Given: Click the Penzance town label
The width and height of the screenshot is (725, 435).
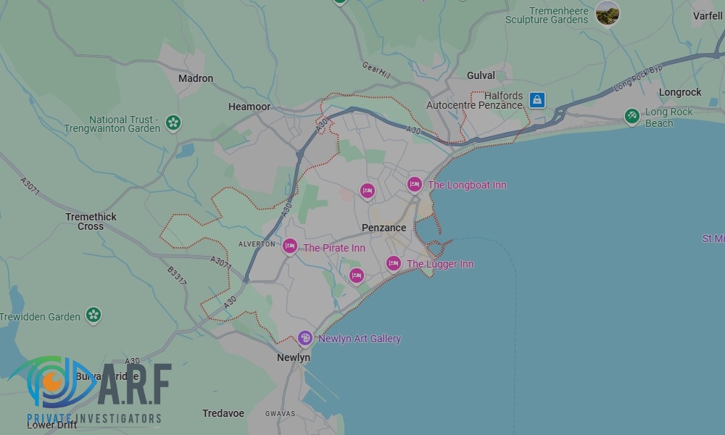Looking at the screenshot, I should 384,228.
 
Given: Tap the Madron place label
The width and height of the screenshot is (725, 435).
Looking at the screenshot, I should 196,78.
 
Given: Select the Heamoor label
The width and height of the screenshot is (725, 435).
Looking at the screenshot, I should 249,107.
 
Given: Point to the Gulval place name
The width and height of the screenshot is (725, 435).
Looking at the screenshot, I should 481,75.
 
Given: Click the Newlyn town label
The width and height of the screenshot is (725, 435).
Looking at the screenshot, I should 294,357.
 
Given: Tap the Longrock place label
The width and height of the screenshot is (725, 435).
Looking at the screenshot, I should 680,92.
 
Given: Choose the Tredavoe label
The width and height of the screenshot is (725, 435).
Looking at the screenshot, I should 223,413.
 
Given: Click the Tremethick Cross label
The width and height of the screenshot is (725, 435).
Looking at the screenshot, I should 91,221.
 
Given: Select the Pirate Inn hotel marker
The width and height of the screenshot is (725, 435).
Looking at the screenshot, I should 290,247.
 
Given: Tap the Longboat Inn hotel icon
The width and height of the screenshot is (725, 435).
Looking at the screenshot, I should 415,185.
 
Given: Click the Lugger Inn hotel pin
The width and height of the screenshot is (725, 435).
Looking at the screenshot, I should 394,264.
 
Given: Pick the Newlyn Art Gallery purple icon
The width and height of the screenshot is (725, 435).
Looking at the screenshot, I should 306,339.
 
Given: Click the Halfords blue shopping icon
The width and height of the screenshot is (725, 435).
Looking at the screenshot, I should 537,100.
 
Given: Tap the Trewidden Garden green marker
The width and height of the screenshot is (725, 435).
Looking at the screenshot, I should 93,315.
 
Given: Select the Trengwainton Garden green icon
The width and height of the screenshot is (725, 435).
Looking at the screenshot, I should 173,123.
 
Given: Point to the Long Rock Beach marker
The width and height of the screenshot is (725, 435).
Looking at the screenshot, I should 632,116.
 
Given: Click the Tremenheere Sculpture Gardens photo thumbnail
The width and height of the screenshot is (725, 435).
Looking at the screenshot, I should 608,13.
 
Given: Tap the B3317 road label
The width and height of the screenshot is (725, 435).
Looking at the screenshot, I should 177,275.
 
